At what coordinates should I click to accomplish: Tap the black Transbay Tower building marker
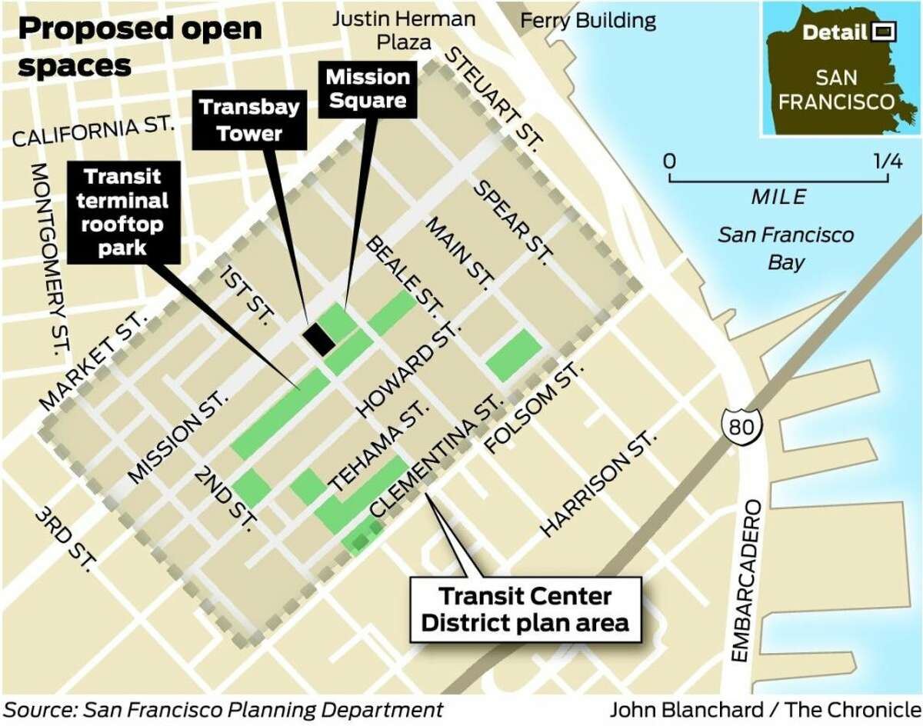(x=318, y=339)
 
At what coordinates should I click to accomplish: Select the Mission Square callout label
(x=368, y=89)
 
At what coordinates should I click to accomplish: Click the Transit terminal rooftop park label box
(x=124, y=212)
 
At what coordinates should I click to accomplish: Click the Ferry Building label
(x=588, y=20)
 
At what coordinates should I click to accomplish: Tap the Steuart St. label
(x=494, y=96)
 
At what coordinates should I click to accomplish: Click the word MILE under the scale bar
(x=778, y=197)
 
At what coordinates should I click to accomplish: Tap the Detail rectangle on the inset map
(x=881, y=32)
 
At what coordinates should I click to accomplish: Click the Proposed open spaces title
(x=138, y=46)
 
